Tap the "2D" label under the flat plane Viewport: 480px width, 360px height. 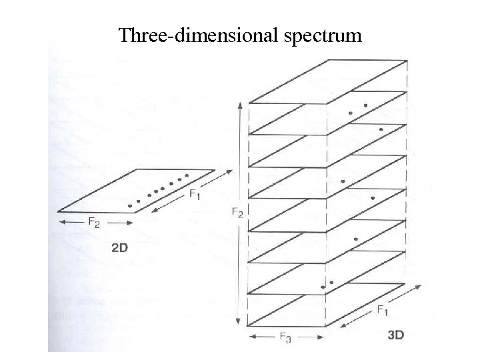click(120, 248)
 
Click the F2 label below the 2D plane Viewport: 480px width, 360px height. click(94, 223)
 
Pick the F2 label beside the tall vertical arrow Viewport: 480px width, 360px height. click(237, 213)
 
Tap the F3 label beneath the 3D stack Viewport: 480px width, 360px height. click(283, 339)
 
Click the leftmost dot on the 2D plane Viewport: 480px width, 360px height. click(130, 206)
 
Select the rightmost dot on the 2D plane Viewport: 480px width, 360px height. click(187, 175)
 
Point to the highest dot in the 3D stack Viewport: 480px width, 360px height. click(365, 105)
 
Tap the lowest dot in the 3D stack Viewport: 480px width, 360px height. click(323, 287)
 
